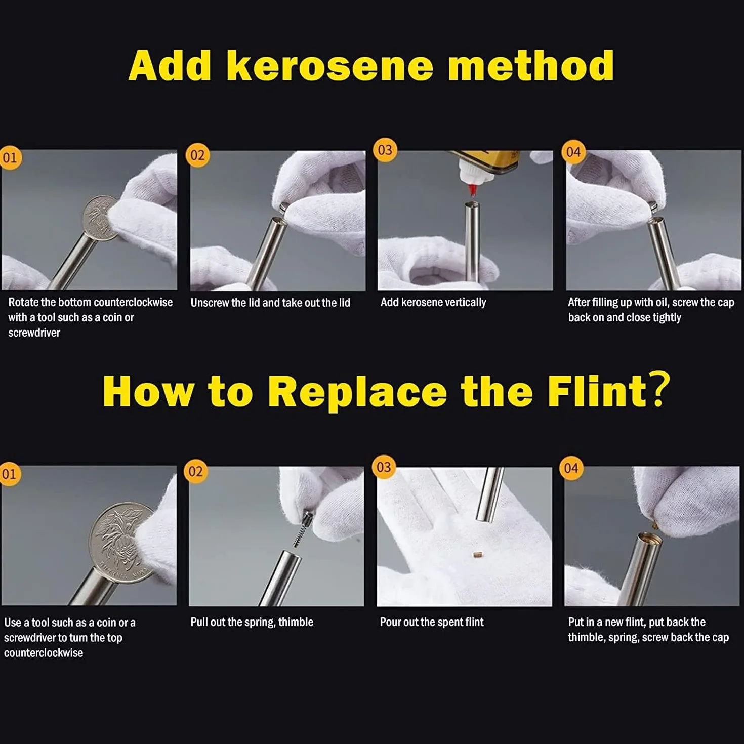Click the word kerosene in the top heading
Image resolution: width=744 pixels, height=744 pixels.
(x=330, y=66)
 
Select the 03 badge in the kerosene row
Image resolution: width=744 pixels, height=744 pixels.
(x=385, y=150)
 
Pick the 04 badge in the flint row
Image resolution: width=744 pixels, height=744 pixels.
(x=571, y=468)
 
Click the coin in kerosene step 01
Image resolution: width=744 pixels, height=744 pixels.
(x=100, y=218)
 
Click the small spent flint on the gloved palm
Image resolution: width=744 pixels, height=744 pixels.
(x=477, y=555)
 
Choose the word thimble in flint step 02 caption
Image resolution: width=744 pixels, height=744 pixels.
(x=296, y=622)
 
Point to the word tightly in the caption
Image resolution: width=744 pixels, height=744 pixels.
(x=667, y=317)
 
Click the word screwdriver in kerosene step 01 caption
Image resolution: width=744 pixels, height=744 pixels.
(x=34, y=333)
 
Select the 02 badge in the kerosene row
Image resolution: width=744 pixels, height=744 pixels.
(x=197, y=155)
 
